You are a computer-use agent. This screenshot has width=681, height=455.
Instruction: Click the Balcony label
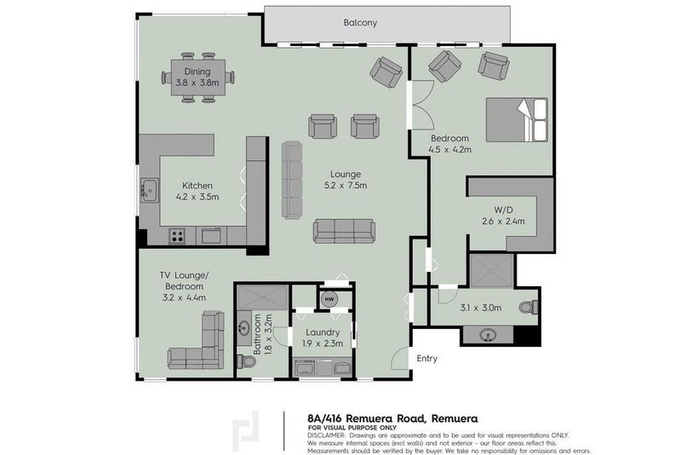tap(360, 23)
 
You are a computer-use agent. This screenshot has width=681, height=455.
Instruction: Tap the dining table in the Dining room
tap(197, 78)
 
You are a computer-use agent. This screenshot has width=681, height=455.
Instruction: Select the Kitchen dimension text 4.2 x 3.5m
tap(197, 197)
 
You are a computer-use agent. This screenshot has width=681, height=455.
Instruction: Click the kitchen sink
tap(149, 188)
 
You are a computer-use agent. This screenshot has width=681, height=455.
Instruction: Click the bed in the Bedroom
tap(517, 119)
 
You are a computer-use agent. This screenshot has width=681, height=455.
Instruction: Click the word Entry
tap(426, 359)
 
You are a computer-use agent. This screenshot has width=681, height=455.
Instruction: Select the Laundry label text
tap(322, 332)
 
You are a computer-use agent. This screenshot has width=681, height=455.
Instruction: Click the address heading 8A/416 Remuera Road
tap(392, 418)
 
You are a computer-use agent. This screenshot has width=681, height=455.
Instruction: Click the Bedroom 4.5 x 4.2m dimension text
tap(450, 150)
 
